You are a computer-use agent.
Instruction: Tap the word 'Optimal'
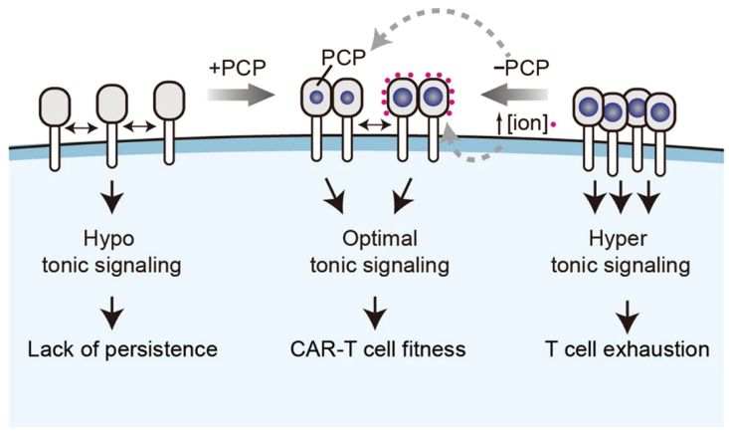(x=376, y=239)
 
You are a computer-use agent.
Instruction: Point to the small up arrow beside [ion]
(x=497, y=125)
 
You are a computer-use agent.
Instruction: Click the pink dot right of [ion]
(x=553, y=125)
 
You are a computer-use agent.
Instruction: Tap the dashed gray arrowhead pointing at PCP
(x=372, y=42)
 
